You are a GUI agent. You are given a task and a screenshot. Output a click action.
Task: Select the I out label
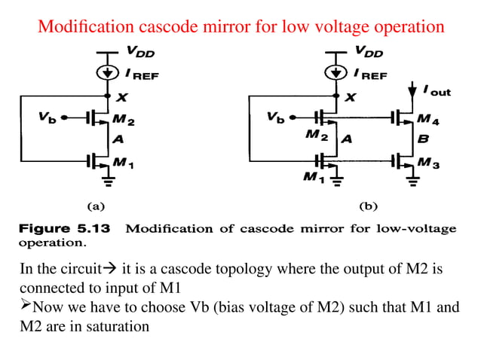436,91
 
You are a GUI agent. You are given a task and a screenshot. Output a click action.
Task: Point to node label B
423,139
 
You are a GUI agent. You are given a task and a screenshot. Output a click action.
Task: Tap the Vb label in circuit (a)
46,117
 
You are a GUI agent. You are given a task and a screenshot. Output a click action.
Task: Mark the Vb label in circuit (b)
275,117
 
